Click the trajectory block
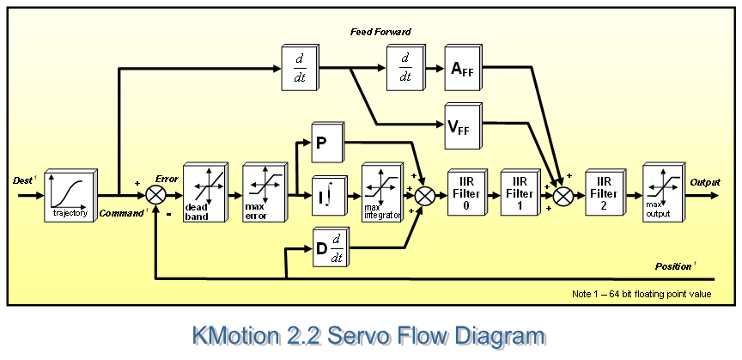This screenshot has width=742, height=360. pos(70,194)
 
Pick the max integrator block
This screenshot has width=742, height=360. pos(381,194)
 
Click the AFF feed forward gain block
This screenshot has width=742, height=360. pos(462,69)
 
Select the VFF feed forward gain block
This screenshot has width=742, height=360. pos(462,126)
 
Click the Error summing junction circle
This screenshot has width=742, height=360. pos(156,195)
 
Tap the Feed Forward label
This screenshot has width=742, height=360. pos(380,32)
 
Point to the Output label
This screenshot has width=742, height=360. pos(706,183)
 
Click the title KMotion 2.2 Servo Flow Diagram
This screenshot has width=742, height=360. pos(370,336)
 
